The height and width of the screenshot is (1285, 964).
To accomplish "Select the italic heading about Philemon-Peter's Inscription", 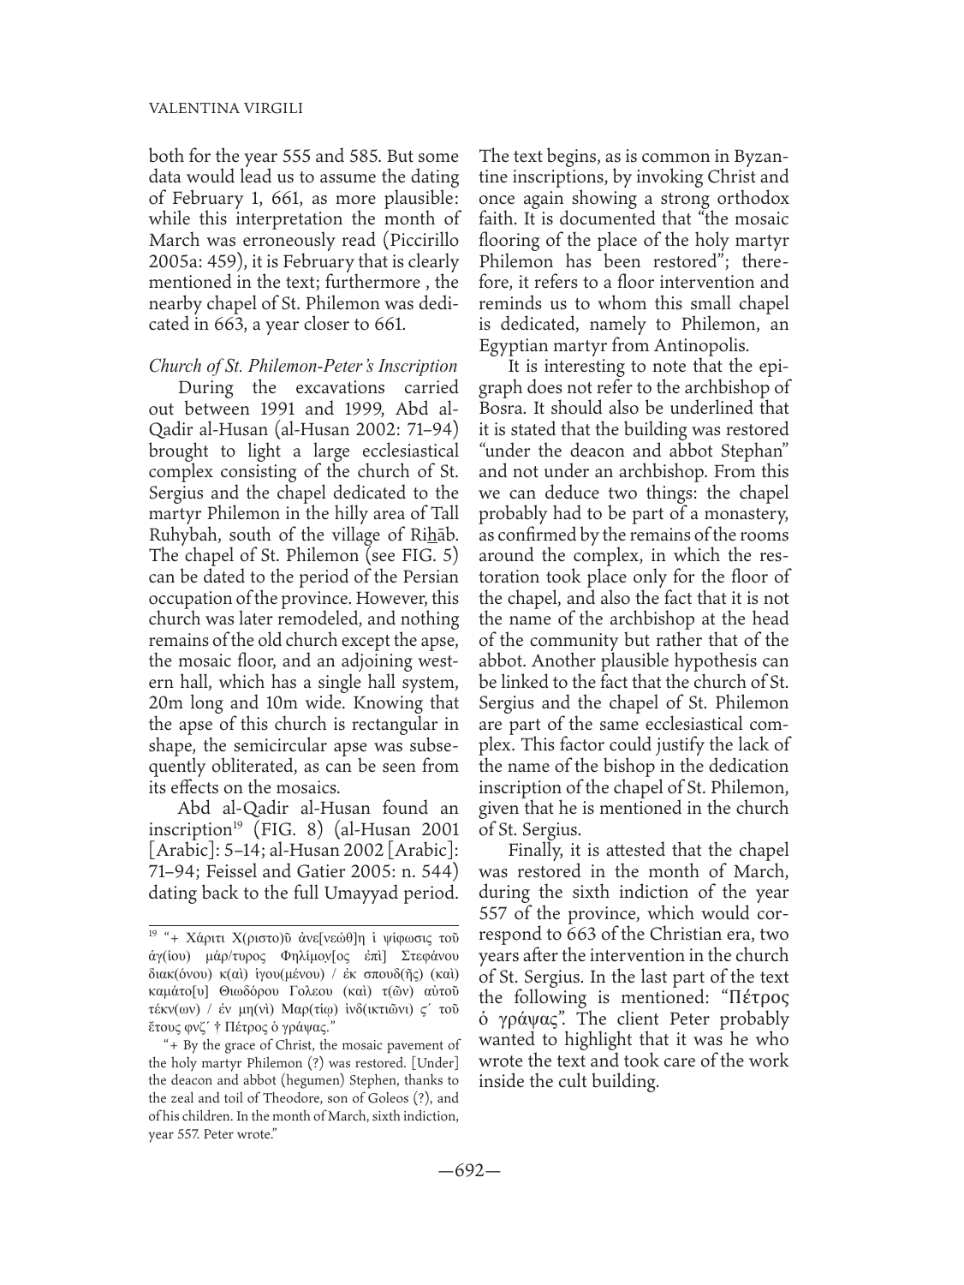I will click(x=304, y=364).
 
